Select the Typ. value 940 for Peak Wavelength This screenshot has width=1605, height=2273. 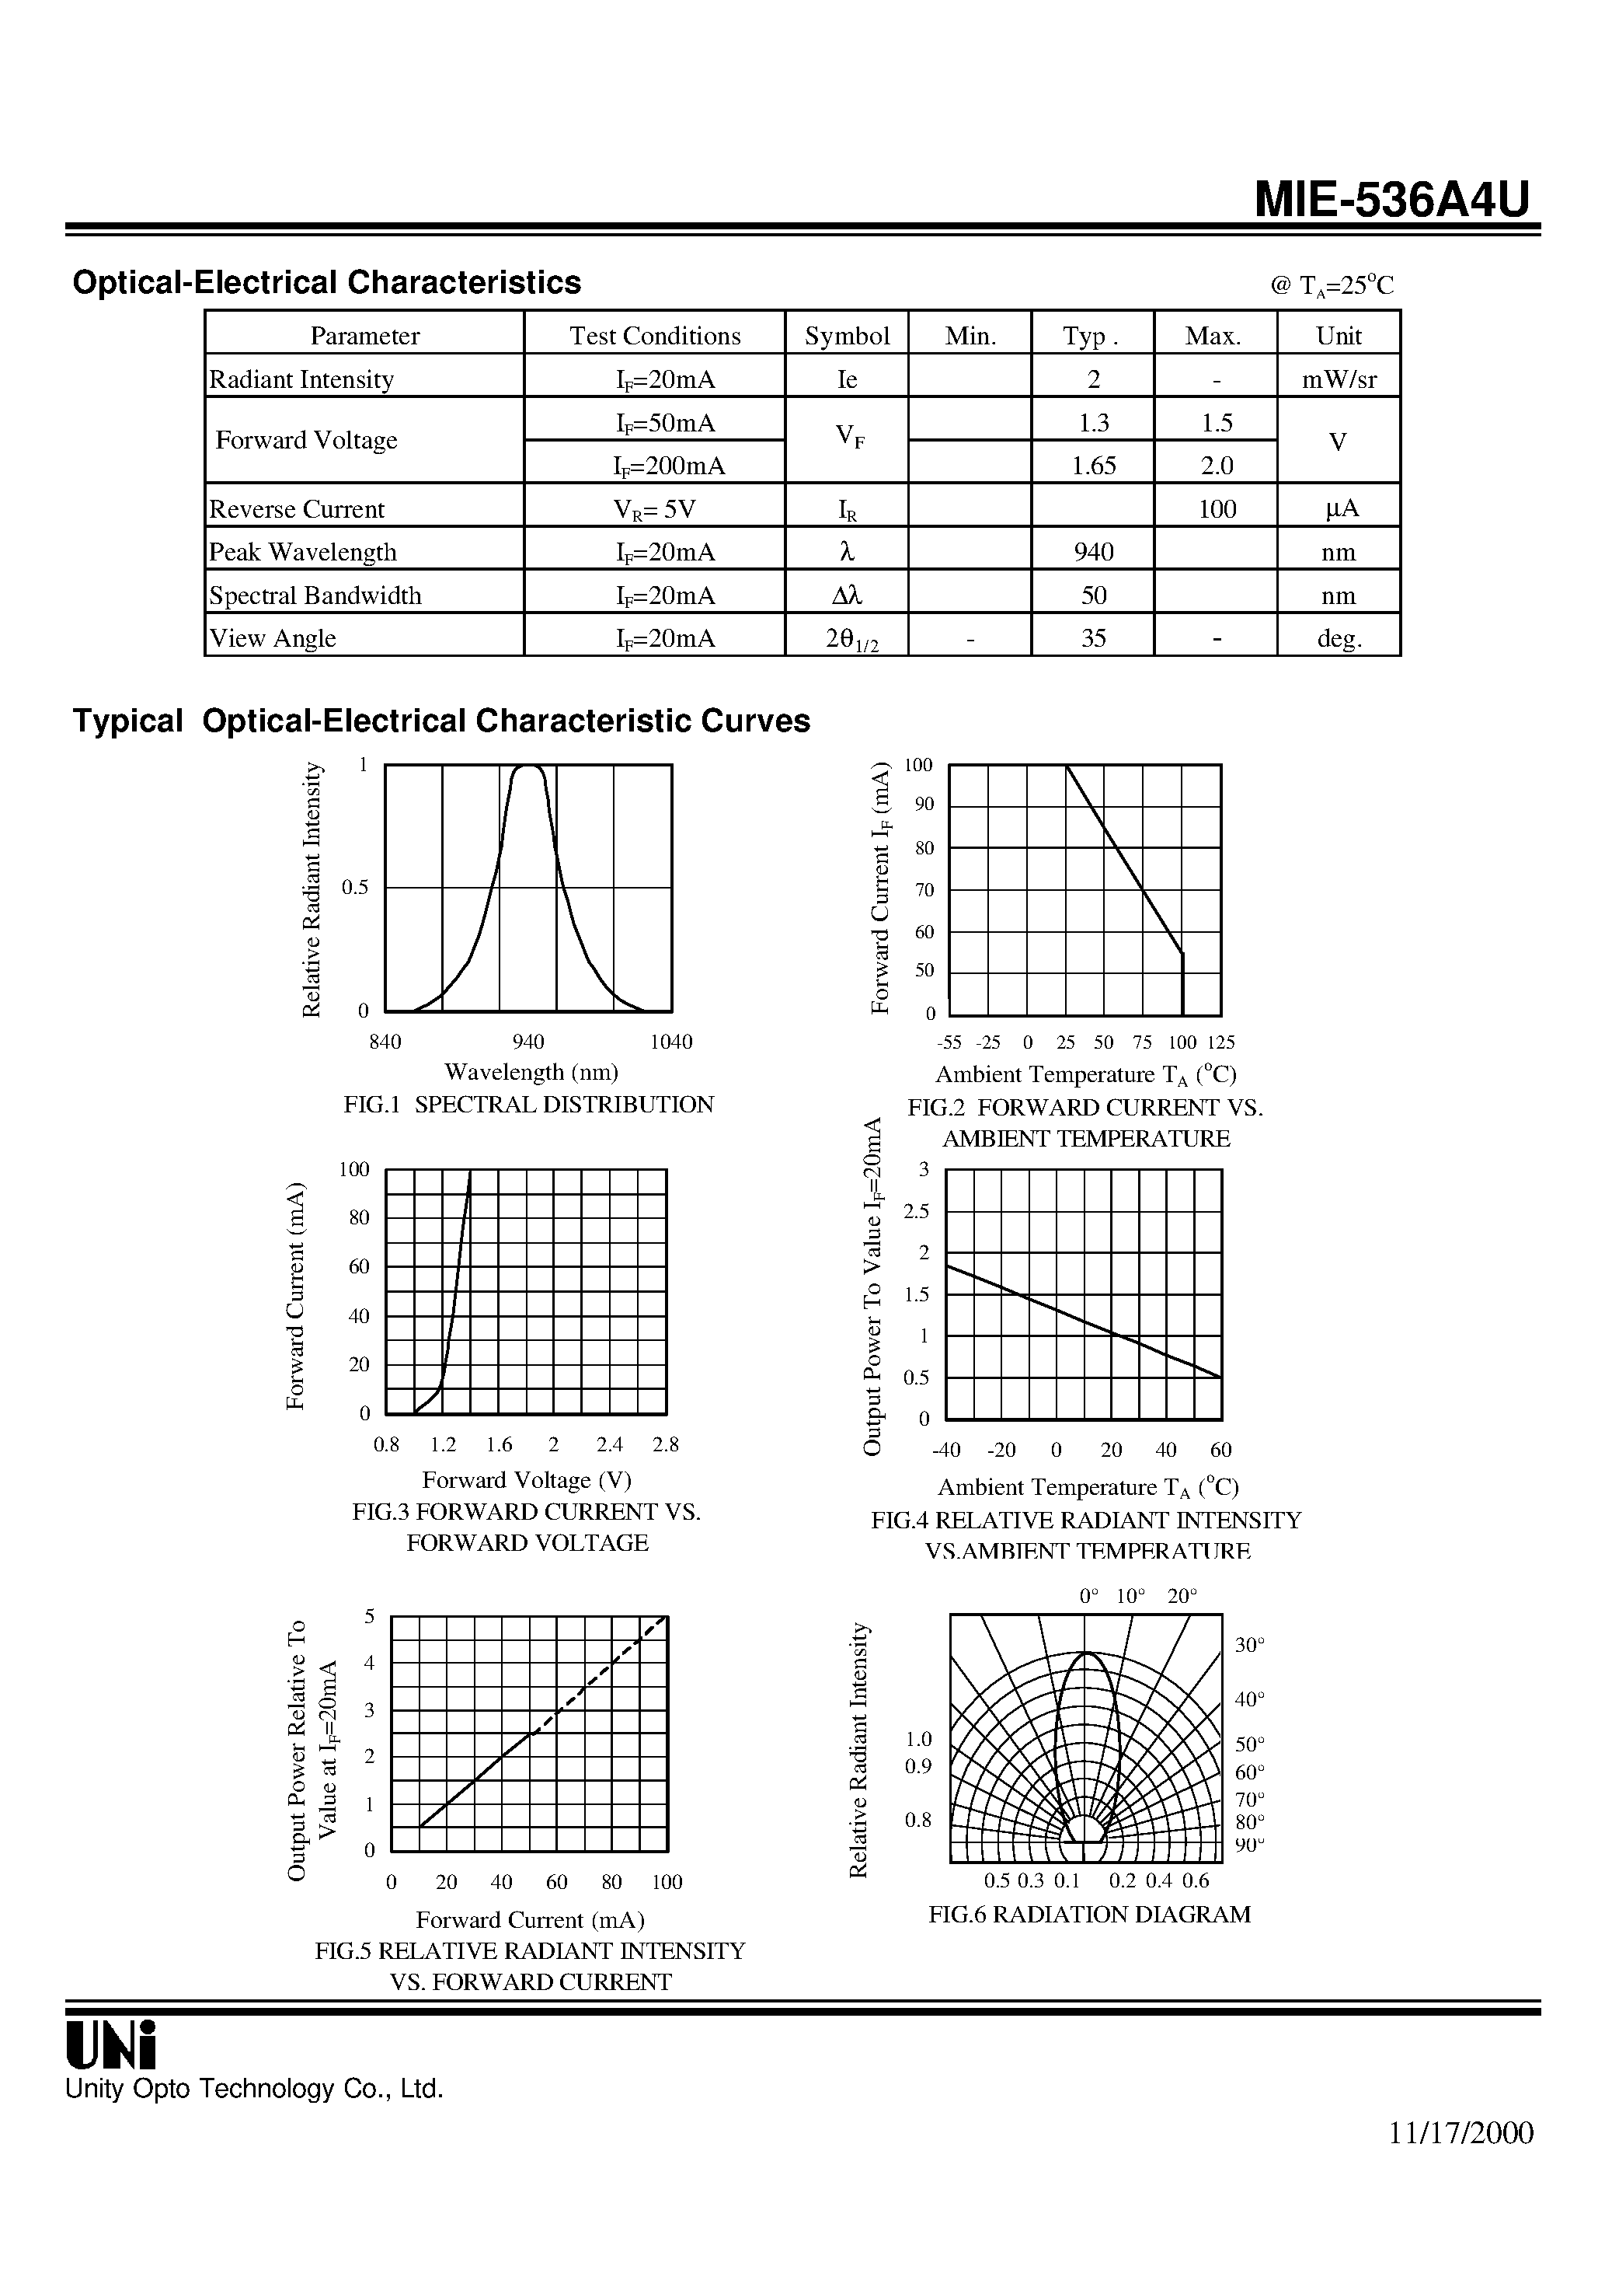(1093, 551)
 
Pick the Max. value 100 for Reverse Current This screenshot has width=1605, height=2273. (1216, 509)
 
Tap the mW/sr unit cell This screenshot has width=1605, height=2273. (1339, 379)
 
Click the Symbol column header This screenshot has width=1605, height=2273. (847, 336)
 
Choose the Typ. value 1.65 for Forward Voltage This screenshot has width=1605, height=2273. (1093, 466)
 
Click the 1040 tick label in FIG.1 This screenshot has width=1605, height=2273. (671, 1042)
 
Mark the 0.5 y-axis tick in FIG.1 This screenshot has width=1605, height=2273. (355, 887)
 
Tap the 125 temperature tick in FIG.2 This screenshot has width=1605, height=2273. (1221, 1042)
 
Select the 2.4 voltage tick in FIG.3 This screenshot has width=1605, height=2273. (611, 1444)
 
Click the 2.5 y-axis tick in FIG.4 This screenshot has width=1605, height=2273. (916, 1211)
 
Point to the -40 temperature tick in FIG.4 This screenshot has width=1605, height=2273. (946, 1451)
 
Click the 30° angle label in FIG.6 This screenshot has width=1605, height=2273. (1250, 1644)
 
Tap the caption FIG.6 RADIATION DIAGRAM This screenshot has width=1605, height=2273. (1088, 1915)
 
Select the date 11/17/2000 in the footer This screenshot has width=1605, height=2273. (1461, 2132)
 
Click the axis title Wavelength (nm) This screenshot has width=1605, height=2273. (531, 1072)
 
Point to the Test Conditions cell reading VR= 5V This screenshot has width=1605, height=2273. (654, 509)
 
